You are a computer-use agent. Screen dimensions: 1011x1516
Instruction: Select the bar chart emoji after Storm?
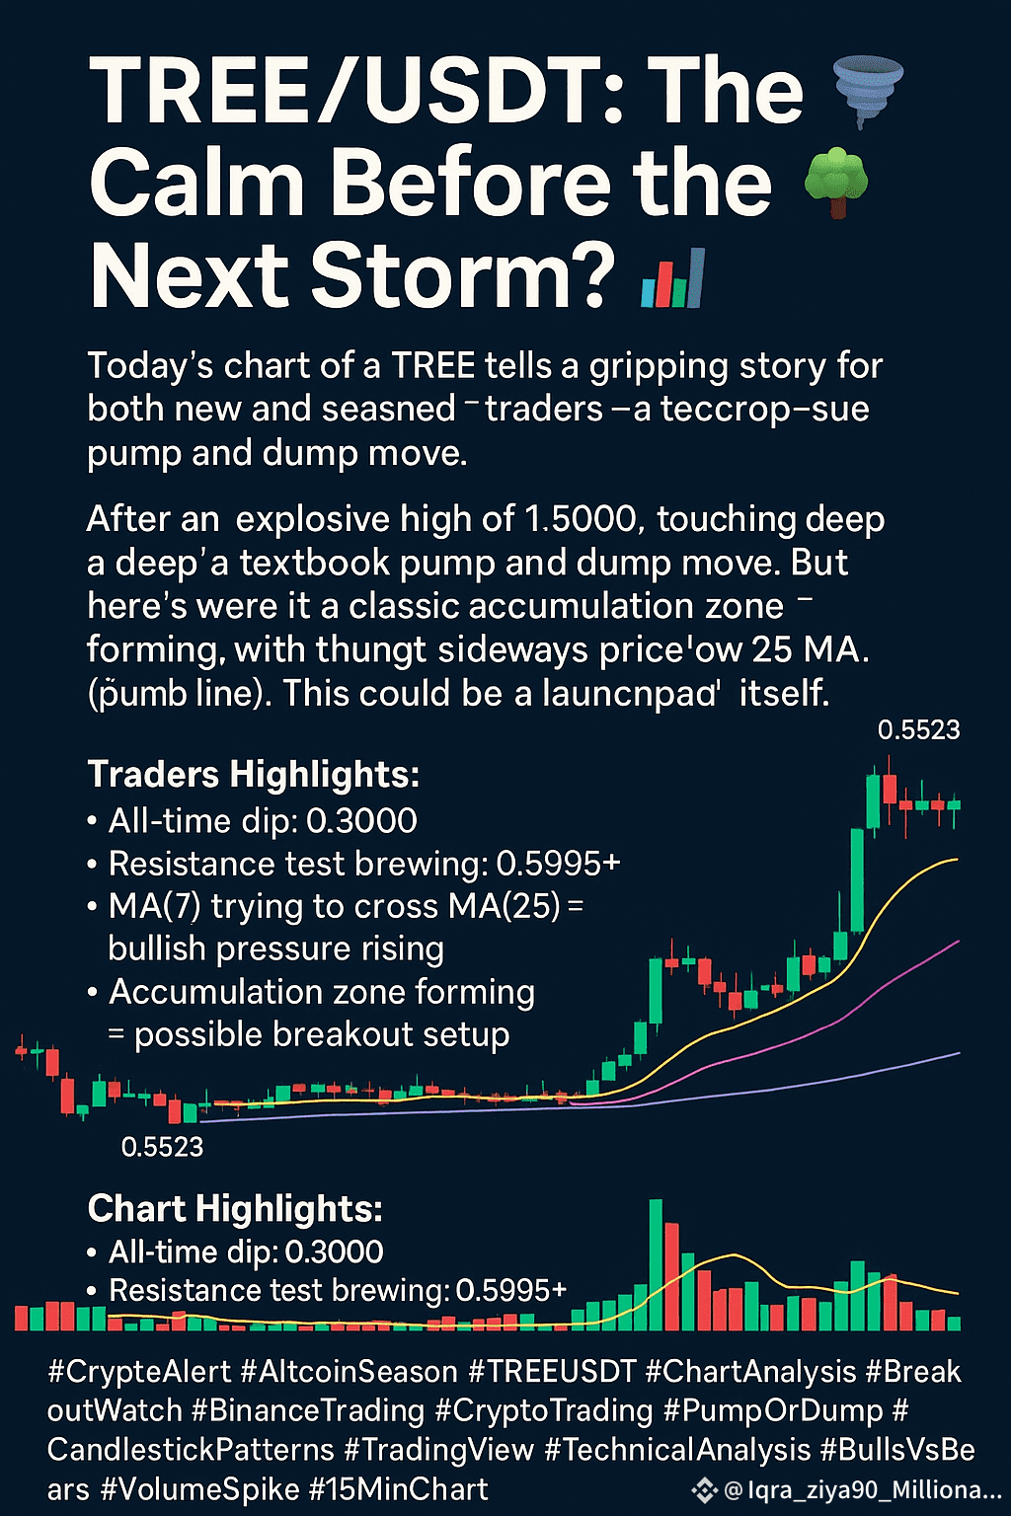pyautogui.click(x=673, y=279)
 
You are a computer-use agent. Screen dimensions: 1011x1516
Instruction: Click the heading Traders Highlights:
pyautogui.click(x=254, y=774)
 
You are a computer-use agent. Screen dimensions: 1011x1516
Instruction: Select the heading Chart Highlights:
pyautogui.click(x=235, y=1208)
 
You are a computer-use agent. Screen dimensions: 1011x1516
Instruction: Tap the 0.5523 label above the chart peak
pyautogui.click(x=919, y=729)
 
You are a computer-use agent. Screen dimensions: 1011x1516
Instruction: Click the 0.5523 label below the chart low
pyautogui.click(x=163, y=1147)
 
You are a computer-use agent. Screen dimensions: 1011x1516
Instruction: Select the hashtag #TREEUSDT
pyautogui.click(x=552, y=1373)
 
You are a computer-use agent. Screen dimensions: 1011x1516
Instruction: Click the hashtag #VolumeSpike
pyautogui.click(x=199, y=1489)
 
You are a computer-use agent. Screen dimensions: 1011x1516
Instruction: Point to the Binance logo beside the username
pyautogui.click(x=704, y=1489)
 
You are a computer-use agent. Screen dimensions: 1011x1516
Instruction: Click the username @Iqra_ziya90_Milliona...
pyautogui.click(x=863, y=1489)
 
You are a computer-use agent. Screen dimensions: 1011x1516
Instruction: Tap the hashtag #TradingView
pyautogui.click(x=438, y=1450)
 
